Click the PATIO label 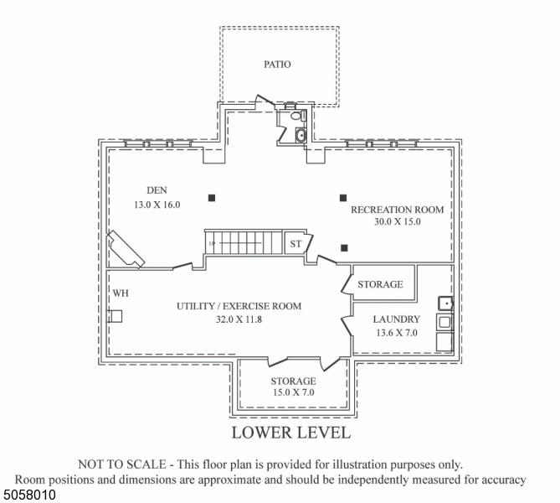pos(277,65)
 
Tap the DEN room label pos(157,190)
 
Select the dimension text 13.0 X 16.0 pos(157,204)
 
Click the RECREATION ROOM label pos(397,209)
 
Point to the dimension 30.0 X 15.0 pos(397,222)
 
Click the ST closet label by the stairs pos(295,244)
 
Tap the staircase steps pos(247,242)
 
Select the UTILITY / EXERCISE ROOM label pos(239,306)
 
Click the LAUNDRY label pos(396,319)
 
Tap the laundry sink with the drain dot pos(446,303)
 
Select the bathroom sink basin pos(301,135)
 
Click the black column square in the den pos(212,198)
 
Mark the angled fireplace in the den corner pos(125,250)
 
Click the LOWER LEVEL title pos(290,433)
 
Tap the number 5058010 pos(29,495)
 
